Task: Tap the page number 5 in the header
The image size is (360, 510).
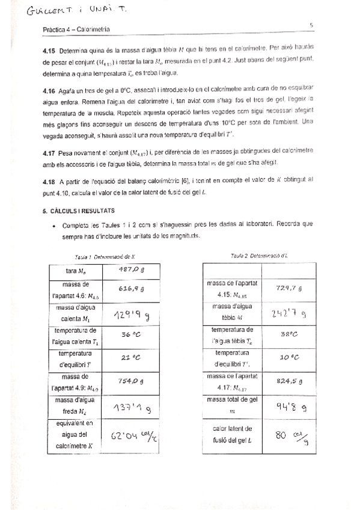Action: point(311,25)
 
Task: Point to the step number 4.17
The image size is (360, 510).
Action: point(50,153)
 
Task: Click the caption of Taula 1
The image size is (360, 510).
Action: point(101,256)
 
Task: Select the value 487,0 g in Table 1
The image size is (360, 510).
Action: point(131,269)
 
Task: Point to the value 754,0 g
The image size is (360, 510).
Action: point(131,380)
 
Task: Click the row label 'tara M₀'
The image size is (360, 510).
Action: point(75,271)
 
